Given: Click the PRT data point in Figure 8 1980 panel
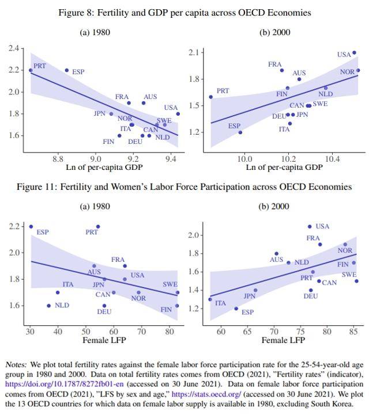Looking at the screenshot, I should (31, 70).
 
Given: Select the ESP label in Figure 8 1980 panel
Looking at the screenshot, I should (78, 72).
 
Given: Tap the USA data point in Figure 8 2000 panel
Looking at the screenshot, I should (354, 52).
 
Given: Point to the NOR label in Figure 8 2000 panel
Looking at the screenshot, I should (347, 72).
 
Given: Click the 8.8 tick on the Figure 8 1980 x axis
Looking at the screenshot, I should (58, 158).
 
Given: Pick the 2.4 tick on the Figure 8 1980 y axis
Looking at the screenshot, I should (13, 48).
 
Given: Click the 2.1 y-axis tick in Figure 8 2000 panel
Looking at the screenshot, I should (195, 53).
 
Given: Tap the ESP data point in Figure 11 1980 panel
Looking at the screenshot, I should (31, 226).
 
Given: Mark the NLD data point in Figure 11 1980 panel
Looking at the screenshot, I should (48, 306).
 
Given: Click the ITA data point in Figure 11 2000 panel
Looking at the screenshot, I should (210, 299).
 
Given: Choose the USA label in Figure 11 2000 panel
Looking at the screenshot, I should (322, 226).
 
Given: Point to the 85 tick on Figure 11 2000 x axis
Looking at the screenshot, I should (353, 332).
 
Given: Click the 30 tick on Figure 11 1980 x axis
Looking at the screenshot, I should (30, 332).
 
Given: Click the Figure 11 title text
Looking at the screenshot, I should (184, 187).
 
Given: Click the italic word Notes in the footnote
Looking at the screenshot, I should (16, 365).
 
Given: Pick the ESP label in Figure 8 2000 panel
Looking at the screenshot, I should (234, 125).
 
